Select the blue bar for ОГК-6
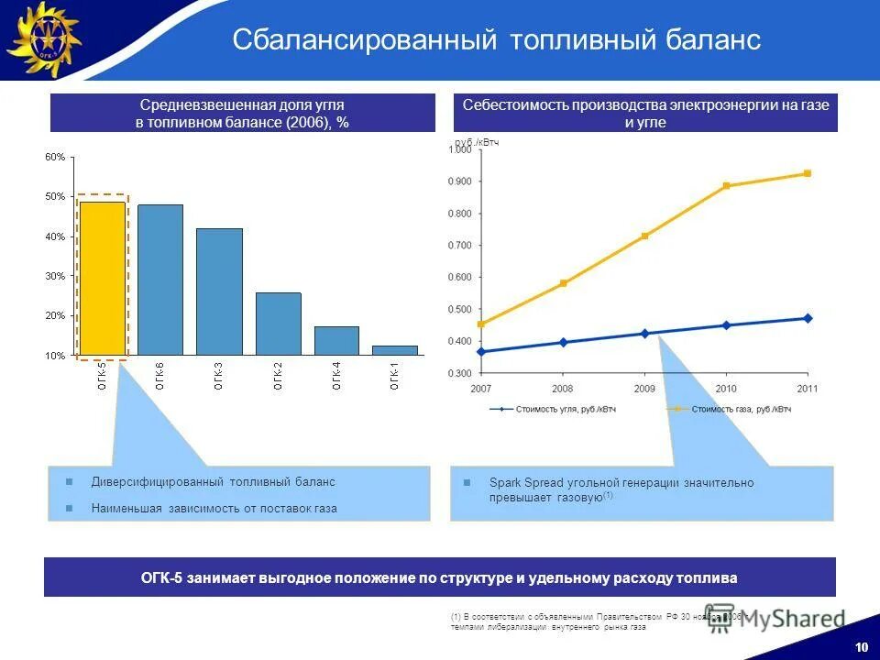(160, 280)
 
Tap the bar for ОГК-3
(219, 291)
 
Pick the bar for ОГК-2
(278, 324)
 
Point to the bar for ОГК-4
(336, 340)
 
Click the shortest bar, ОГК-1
(395, 349)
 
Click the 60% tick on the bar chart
(55, 157)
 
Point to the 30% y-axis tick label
(55, 276)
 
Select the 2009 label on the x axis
(643, 389)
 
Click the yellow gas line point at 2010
(726, 186)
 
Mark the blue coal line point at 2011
(808, 318)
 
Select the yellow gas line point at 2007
(481, 324)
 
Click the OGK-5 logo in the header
(44, 39)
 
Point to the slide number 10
(861, 647)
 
